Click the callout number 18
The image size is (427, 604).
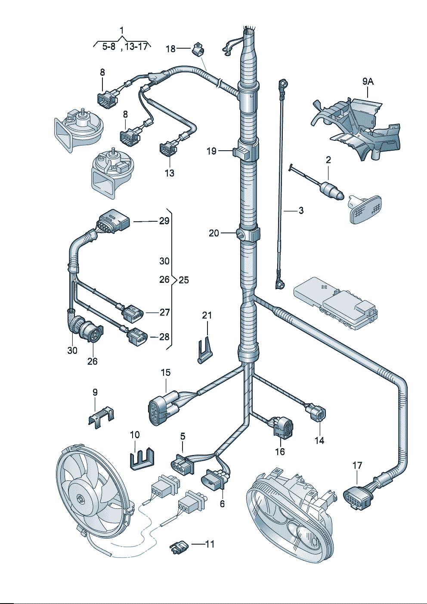pyautogui.click(x=171, y=49)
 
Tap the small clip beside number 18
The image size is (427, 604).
pyautogui.click(x=198, y=49)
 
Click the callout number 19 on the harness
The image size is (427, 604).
pyautogui.click(x=211, y=151)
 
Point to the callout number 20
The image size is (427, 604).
pyautogui.click(x=214, y=233)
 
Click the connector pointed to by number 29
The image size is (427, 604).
pyautogui.click(x=113, y=220)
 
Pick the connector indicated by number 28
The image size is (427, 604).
pyautogui.click(x=136, y=337)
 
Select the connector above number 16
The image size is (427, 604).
pyautogui.click(x=283, y=426)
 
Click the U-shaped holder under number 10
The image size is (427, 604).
pyautogui.click(x=142, y=459)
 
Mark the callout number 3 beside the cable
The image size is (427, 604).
pyautogui.click(x=301, y=211)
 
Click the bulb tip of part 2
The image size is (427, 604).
pyautogui.click(x=340, y=195)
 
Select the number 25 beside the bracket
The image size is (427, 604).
pyautogui.click(x=184, y=280)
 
